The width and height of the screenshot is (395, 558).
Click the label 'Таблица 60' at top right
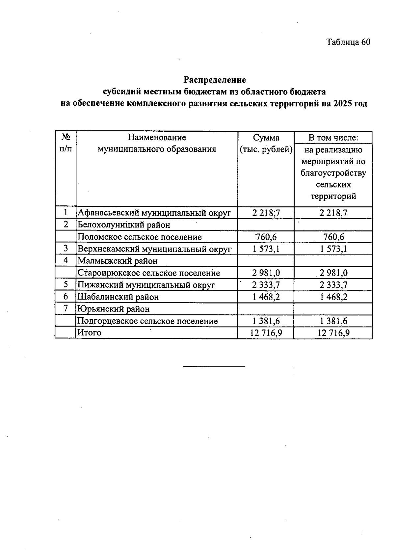coord(348,42)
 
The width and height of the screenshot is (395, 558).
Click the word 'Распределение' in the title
coord(215,80)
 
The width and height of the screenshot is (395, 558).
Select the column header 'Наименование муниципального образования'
coord(157,143)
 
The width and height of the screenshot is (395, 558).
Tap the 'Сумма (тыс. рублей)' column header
coord(266,143)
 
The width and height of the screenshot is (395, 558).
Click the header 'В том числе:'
coord(333,138)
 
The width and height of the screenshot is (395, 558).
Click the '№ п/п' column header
coord(66,143)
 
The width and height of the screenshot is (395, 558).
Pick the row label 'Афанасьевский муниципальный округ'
coord(154,213)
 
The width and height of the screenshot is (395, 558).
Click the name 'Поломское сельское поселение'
coord(140,237)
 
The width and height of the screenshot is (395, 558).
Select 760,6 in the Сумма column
coord(266,237)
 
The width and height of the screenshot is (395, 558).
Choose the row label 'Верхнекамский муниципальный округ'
coord(154,249)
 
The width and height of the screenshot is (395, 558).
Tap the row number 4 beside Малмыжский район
coord(66,260)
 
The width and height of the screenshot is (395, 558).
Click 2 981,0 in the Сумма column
coord(266,273)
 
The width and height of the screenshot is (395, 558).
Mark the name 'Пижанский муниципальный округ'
coord(146,285)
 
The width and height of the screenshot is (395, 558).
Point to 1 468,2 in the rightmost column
coord(333,297)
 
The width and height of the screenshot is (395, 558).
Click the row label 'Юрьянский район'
coord(113,309)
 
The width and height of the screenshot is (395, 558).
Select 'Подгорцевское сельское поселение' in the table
coord(147,321)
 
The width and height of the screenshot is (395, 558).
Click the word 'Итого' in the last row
coord(89,332)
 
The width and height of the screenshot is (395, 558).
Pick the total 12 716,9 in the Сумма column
coord(266,333)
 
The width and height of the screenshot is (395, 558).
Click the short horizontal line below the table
coord(214,366)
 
